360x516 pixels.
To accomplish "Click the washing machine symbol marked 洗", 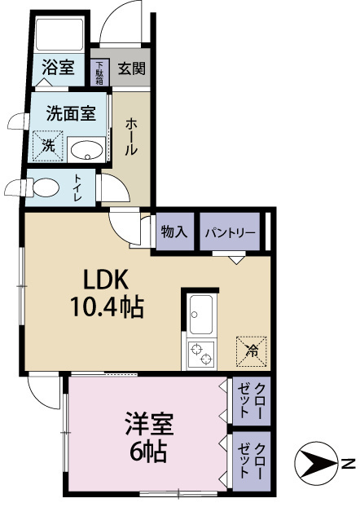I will click(48, 147).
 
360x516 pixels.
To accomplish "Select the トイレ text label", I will click(79, 187).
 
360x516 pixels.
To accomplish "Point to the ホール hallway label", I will click(131, 138).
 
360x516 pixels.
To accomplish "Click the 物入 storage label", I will click(174, 232).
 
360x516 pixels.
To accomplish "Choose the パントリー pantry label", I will click(230, 232).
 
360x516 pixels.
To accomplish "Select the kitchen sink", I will click(201, 312).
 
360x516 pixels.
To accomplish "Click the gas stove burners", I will click(201, 352).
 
